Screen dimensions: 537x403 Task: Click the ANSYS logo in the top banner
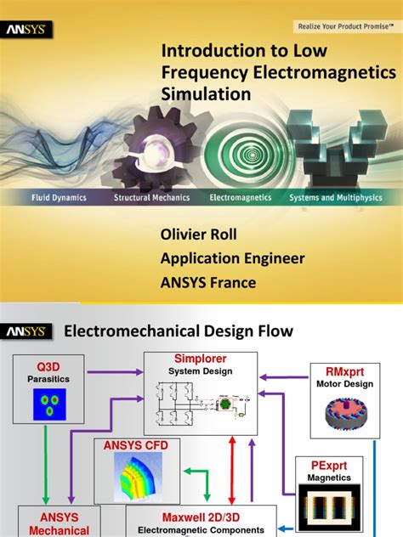point(28,30)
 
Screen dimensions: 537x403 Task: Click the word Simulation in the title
point(207,93)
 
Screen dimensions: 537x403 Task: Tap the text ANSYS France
point(208,283)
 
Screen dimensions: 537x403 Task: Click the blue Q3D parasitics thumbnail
point(49,402)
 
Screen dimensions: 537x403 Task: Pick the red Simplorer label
point(201,359)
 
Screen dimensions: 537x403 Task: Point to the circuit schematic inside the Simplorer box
point(201,399)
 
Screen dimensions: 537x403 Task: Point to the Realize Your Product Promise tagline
point(343,26)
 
